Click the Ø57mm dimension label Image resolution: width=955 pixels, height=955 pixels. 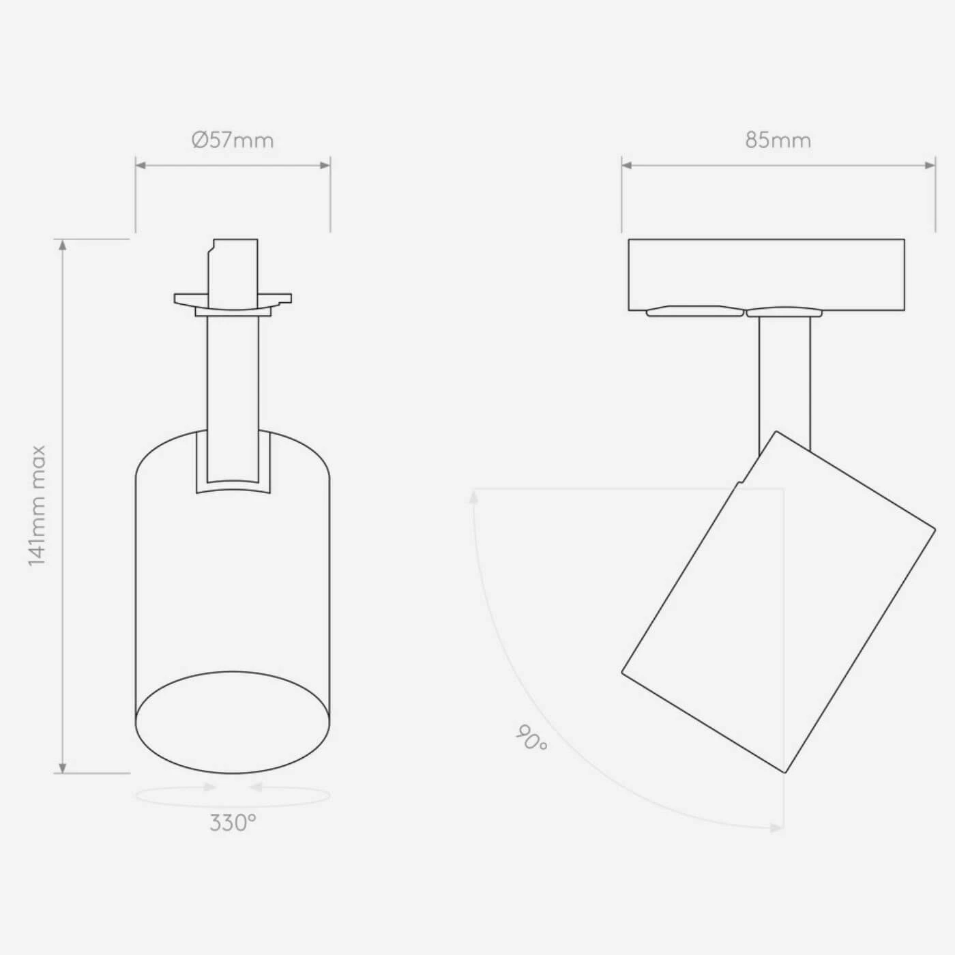[233, 141]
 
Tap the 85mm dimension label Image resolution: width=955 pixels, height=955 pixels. [778, 141]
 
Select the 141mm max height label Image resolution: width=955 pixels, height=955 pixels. [37, 506]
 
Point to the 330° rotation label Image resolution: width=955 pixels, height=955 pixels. [233, 823]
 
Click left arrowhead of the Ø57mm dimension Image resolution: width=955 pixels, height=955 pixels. [141, 165]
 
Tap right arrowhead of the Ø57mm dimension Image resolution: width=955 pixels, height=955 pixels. [325, 165]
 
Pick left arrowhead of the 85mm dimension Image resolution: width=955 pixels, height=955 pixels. [627, 165]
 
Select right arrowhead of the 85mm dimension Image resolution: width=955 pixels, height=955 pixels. [930, 165]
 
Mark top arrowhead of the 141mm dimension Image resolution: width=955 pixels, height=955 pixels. [63, 245]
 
